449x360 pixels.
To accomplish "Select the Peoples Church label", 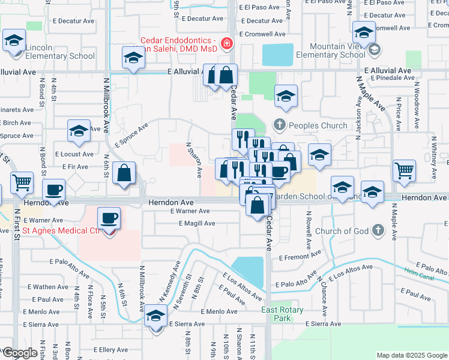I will click(x=318, y=125).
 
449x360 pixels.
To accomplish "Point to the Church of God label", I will click(x=342, y=230).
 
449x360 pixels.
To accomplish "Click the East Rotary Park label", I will click(x=282, y=314).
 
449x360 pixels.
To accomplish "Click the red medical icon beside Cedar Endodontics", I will click(x=227, y=43).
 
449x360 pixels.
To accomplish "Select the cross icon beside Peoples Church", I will click(x=279, y=125).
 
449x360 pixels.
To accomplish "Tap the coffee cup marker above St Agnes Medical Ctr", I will click(x=109, y=218).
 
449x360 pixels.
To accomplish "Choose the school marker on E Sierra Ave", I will click(x=156, y=315).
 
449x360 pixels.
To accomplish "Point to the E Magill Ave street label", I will click(x=196, y=223).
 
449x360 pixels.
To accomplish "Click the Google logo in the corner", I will click(x=19, y=352).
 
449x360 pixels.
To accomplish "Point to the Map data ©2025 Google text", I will click(x=412, y=355).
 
